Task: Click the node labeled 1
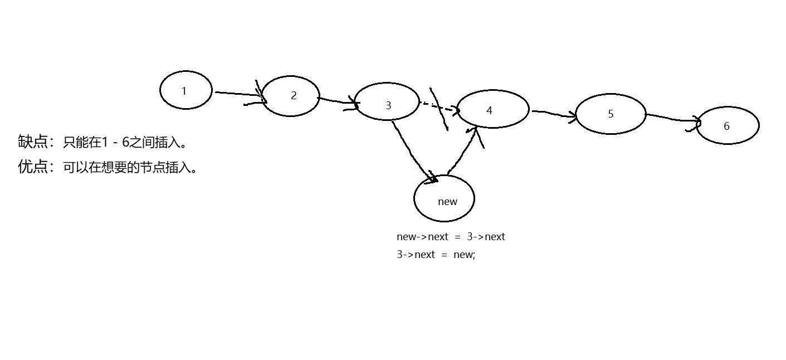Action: click(x=185, y=90)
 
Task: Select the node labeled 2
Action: click(x=290, y=96)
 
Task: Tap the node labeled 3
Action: click(x=387, y=102)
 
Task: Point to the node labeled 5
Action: click(x=611, y=114)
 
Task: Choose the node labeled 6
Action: click(x=728, y=125)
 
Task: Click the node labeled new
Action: click(x=444, y=199)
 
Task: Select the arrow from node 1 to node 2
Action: click(x=237, y=94)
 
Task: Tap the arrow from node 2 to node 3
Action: click(x=336, y=101)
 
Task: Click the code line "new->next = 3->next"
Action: click(x=451, y=236)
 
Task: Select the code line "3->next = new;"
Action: click(x=436, y=255)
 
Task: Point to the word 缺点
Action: click(x=32, y=142)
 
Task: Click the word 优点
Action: click(x=32, y=167)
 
